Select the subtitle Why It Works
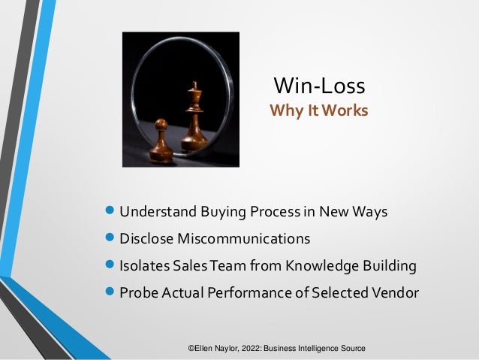coord(319,111)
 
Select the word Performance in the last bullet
coord(245,293)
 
